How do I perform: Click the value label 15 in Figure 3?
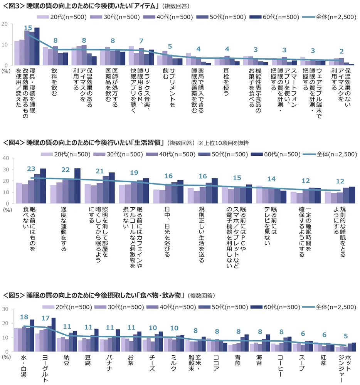pyautogui.click(x=28, y=28)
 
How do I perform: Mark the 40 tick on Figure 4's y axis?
pyautogui.click(x=6, y=158)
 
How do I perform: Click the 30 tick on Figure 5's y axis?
pyautogui.click(x=6, y=309)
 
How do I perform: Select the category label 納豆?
pyautogui.click(x=66, y=364)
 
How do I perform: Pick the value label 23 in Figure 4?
pyautogui.click(x=32, y=168)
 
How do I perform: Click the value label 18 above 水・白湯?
pyautogui.click(x=24, y=317)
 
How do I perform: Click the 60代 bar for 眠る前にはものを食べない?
pyautogui.click(x=43, y=186)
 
